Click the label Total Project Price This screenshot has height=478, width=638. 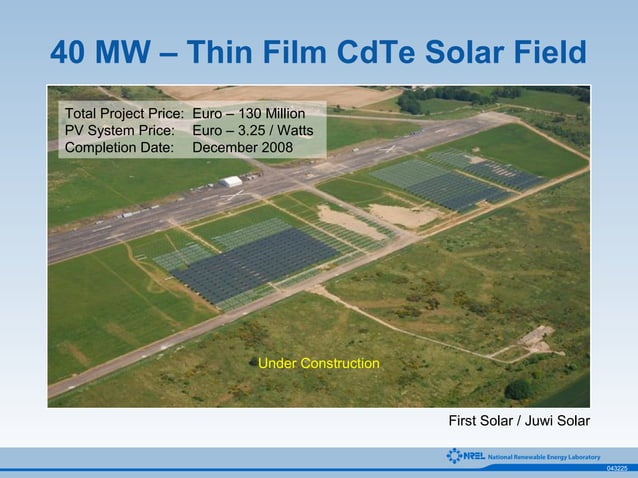124,114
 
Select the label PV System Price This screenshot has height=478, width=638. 119,131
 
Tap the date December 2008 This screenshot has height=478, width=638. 242,148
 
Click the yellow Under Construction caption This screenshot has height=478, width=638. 319,363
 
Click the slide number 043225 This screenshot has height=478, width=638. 617,468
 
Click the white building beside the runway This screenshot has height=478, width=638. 231,182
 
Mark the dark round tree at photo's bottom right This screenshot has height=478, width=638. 518,389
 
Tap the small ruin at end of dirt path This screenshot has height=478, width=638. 538,336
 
